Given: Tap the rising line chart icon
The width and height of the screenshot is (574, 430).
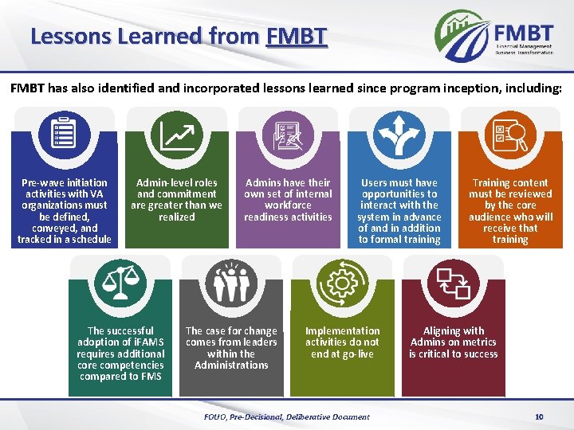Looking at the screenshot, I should coord(176,134).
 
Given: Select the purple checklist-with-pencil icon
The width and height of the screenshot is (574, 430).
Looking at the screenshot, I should coord(288,134).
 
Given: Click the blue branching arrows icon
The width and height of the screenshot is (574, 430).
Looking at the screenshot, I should coord(400,134).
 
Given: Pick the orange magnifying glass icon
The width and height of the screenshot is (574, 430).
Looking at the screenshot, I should coord(511,134).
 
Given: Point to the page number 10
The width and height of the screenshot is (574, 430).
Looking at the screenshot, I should coord(539,416).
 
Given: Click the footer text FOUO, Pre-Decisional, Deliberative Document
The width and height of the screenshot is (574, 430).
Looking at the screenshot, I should coord(287,416).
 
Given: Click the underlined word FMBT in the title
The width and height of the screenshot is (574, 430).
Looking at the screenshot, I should coord(297,36).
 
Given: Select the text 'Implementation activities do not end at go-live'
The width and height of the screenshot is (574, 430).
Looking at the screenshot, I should coord(343,342).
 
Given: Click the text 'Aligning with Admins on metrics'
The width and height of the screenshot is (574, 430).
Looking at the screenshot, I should coord(453,337).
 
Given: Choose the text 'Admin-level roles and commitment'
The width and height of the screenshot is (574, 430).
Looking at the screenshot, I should coord(176,188).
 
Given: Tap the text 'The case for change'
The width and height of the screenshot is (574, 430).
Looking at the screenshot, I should coord(231,330).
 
